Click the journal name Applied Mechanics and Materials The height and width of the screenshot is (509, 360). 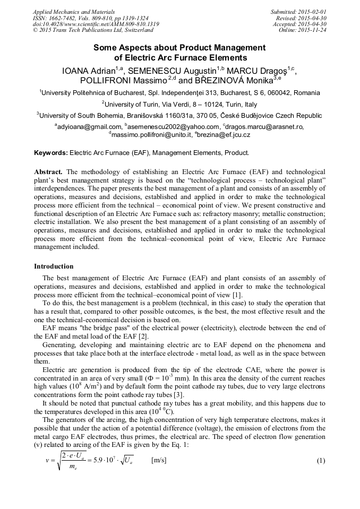pos(73,11)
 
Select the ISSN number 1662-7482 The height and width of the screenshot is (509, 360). pos(66,18)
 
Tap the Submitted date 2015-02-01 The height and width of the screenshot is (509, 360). pos(311,11)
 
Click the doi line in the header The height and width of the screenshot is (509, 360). pos(95,24)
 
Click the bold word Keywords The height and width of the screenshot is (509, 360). pos(50,153)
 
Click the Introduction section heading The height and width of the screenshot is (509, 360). pos(54,266)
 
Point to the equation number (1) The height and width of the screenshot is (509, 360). pos(320,461)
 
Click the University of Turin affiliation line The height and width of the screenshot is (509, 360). pos(179,104)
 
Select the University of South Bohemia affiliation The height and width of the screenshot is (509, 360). pos(179,115)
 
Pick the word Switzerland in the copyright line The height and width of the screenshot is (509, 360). pos(135,30)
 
